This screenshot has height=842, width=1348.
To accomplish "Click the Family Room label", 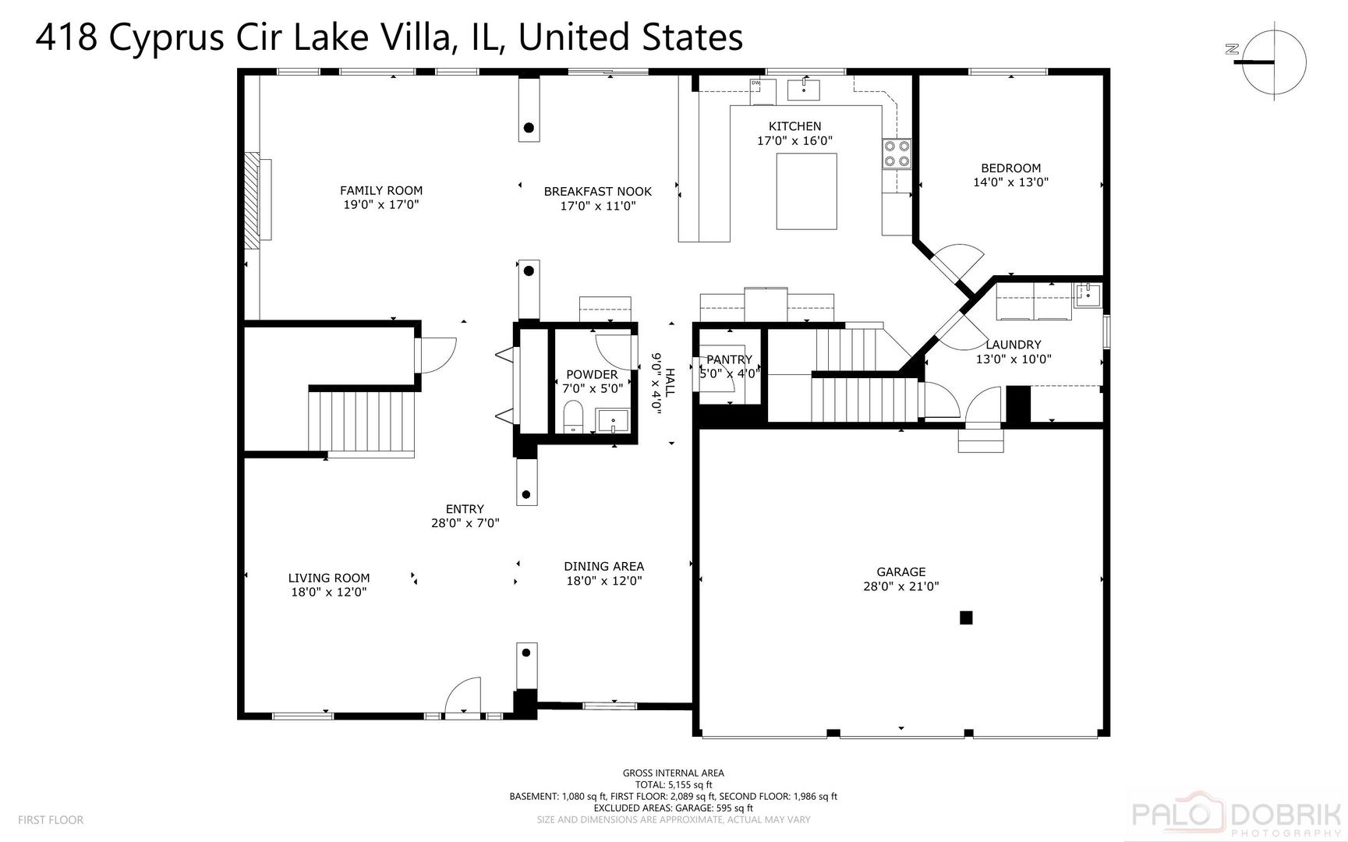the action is click(x=381, y=190).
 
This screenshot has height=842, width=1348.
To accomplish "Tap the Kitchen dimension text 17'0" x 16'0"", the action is click(x=795, y=141).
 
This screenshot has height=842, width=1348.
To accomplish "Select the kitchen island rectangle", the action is click(x=807, y=191).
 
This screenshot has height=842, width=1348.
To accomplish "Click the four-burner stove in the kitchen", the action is click(x=897, y=154).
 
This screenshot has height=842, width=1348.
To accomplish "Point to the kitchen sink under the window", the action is click(x=804, y=90).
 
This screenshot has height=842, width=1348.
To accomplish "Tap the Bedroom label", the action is click(x=1011, y=168).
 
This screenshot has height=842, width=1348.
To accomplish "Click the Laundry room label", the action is click(x=1014, y=345).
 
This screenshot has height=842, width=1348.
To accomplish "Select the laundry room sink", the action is click(x=1088, y=295).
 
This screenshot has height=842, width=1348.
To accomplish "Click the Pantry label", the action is click(x=729, y=359).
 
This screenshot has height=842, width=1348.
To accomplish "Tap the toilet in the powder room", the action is click(x=573, y=416).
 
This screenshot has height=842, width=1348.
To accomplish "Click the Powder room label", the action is click(x=592, y=374).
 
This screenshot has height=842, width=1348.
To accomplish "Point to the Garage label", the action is click(x=901, y=571).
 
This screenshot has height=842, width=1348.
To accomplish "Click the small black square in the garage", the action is click(x=966, y=617).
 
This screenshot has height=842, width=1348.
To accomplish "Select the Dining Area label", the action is click(x=604, y=566).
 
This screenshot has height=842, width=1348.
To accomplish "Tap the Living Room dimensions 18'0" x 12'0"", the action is click(x=329, y=592).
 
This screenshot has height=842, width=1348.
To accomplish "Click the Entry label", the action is click(x=465, y=509).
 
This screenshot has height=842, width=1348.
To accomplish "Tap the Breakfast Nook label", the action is click(x=598, y=191).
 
